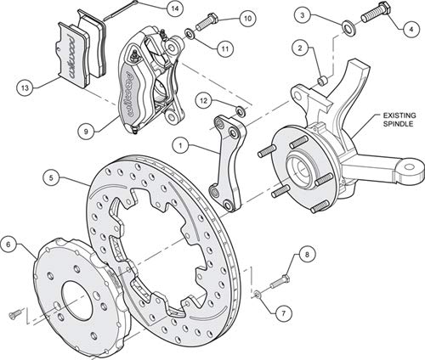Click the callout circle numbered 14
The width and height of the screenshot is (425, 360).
[175, 8]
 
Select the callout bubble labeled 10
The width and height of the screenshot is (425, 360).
[247, 19]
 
